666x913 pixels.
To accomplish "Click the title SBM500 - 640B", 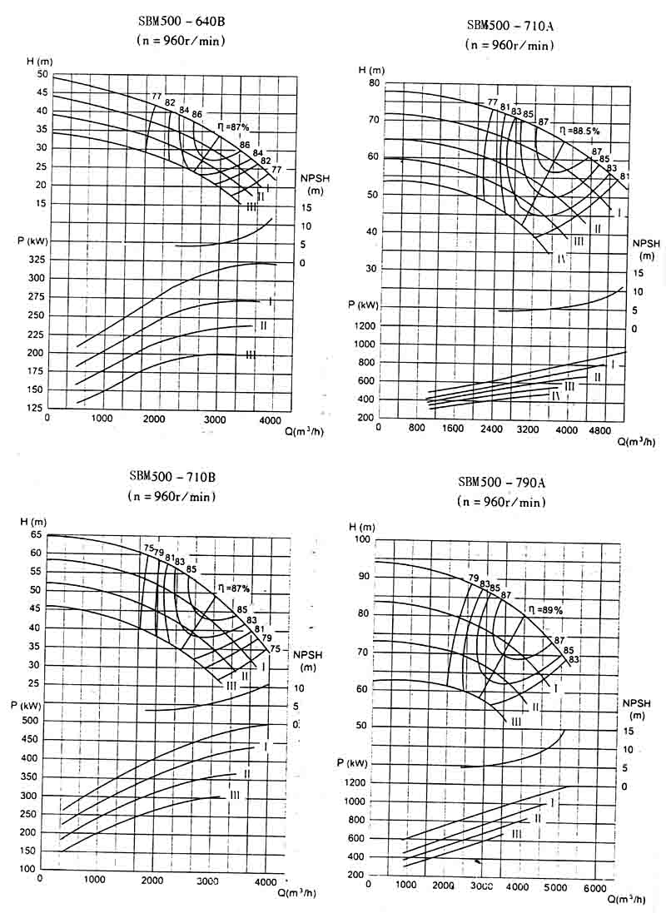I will (181, 22).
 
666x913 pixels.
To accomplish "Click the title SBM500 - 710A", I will (509, 25).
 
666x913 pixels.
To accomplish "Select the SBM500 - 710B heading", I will (172, 477).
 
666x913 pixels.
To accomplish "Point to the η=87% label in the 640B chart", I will (233, 127).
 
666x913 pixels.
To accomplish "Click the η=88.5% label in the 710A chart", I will (580, 130).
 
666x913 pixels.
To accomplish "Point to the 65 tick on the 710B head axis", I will (35, 535).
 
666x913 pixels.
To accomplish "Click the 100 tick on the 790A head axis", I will (362, 541).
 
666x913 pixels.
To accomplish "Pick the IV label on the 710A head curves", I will (562, 259).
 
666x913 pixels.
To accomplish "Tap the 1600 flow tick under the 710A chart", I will (453, 429).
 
